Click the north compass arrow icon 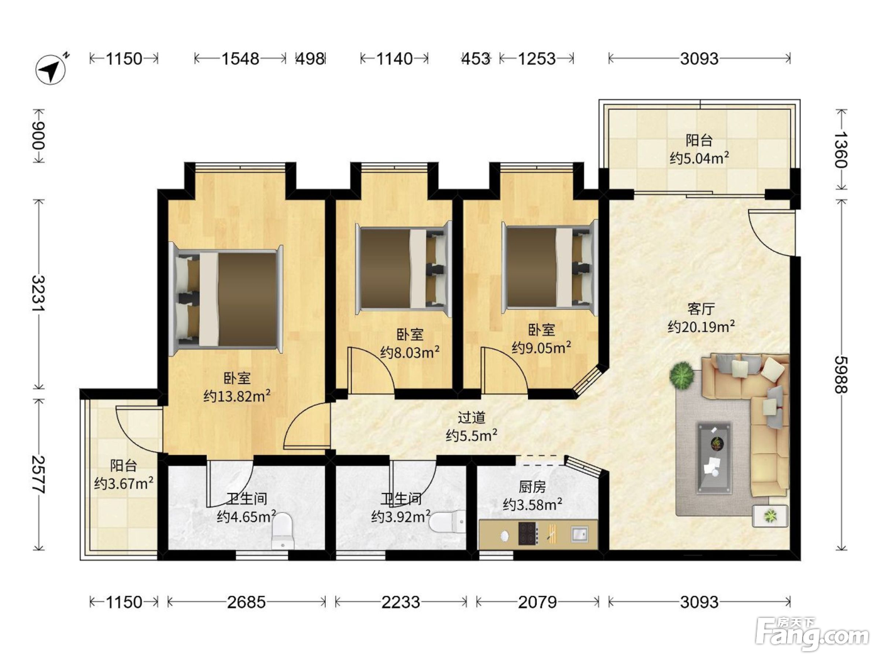pyautogui.click(x=52, y=70)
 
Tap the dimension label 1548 pyautogui.click(x=240, y=59)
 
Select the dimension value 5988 pyautogui.click(x=841, y=375)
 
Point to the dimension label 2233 pyautogui.click(x=400, y=602)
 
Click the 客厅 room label pyautogui.click(x=701, y=309)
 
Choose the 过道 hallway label pyautogui.click(x=471, y=417)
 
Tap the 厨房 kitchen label pyautogui.click(x=532, y=487)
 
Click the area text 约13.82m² pyautogui.click(x=237, y=396)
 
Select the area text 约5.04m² pyautogui.click(x=699, y=158)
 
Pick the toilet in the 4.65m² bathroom pyautogui.click(x=283, y=531)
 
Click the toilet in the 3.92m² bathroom pyautogui.click(x=448, y=521)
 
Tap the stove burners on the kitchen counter pyautogui.click(x=529, y=534)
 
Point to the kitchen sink pyautogui.click(x=580, y=534)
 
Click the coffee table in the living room pyautogui.click(x=714, y=457)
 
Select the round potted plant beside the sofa pyautogui.click(x=681, y=375)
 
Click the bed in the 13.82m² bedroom pyautogui.click(x=226, y=299)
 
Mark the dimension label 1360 pyautogui.click(x=841, y=150)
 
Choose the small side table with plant pyautogui.click(x=770, y=515)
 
